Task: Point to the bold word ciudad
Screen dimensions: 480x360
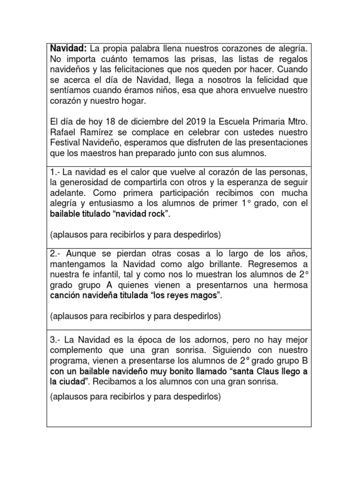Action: point(73,382)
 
